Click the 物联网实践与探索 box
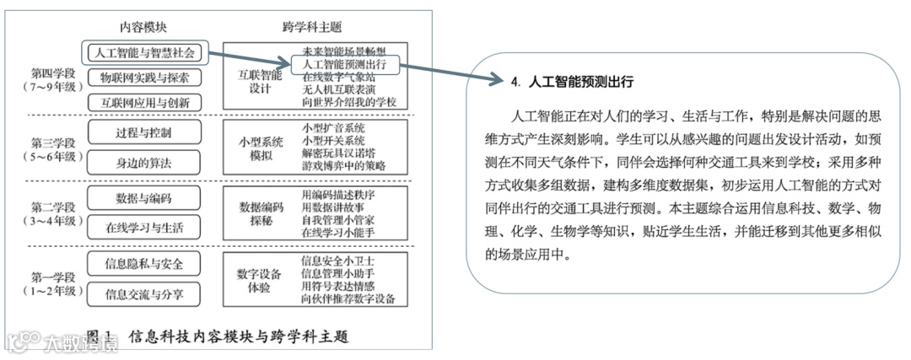[x=144, y=78]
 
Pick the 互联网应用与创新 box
[x=144, y=102]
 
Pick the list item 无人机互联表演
[x=339, y=89]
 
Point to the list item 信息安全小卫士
[x=338, y=261]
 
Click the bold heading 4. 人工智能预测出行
[x=572, y=83]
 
